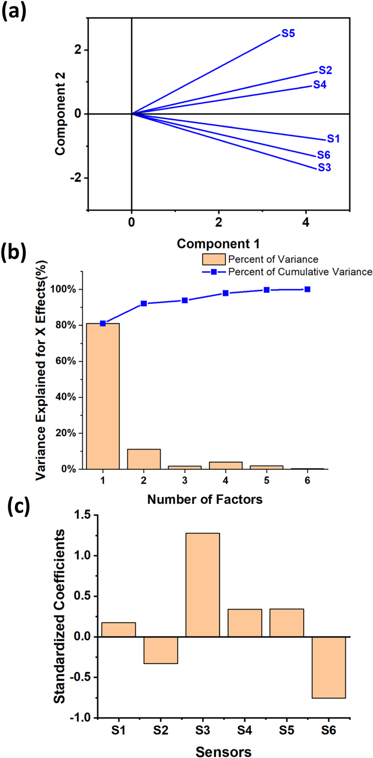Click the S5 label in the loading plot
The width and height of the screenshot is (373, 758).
tap(288, 34)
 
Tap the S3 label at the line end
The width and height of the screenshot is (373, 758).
tap(324, 167)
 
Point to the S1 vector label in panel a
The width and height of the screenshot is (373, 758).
tap(333, 139)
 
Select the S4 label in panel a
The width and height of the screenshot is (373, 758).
tap(320, 85)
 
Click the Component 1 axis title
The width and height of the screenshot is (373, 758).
tap(218, 244)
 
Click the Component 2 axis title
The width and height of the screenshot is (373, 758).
tap(60, 114)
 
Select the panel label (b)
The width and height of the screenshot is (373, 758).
tap(14, 253)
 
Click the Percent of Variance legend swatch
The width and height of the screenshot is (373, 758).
tap(214, 259)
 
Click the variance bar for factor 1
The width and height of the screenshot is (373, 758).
tap(103, 396)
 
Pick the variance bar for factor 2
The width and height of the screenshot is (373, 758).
tap(144, 459)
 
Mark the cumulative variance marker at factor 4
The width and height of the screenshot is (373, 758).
tap(226, 293)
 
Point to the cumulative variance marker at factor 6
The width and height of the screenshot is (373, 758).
tap(308, 289)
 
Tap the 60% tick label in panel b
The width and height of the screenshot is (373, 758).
tap(65, 361)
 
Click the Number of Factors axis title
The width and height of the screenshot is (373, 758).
tap(205, 499)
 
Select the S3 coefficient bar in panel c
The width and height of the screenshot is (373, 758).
tap(203, 585)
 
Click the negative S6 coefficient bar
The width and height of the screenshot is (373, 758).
tap(328, 667)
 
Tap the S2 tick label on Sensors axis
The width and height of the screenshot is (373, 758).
tap(161, 731)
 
